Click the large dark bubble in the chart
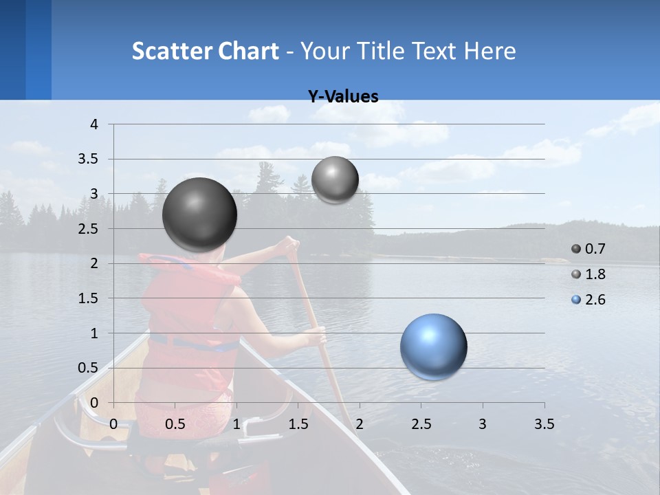[199, 214]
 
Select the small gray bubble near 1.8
[335, 179]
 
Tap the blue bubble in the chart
[433, 346]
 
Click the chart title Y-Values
[343, 97]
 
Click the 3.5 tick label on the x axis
[544, 424]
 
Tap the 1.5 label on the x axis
[298, 424]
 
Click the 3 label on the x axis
[483, 424]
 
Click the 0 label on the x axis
[113, 424]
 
